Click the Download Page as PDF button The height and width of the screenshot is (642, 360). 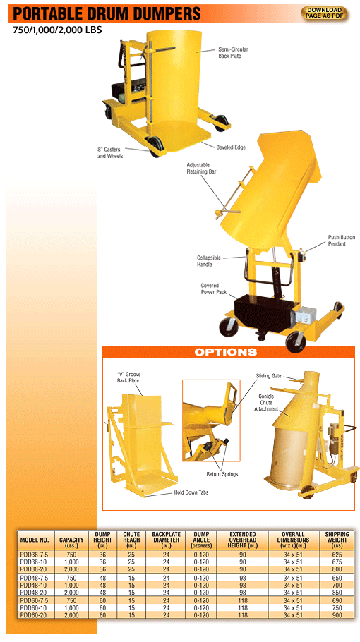point(325,13)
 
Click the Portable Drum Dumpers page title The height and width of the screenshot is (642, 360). point(106,13)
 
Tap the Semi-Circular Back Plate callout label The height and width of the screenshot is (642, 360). point(233,53)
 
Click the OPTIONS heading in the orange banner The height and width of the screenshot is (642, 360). point(226,352)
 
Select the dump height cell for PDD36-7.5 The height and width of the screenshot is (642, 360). point(103,555)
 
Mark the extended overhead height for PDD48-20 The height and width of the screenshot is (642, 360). point(242,593)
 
